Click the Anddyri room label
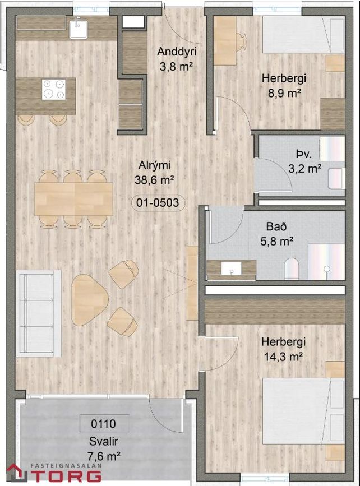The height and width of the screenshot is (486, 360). pos(177,52)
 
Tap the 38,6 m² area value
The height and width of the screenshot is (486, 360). pos(154,180)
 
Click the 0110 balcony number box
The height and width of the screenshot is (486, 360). pos(104,423)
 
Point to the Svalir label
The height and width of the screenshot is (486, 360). pos(104,441)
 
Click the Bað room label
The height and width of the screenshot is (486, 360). pos(276,226)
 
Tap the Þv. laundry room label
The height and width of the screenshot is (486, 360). pos(303,154)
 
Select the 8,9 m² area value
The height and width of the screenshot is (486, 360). pos(284,92)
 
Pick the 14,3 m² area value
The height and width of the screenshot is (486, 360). pos(283,357)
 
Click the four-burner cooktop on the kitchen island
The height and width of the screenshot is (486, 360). pos(54,89)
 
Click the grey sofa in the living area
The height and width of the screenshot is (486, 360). pos(39,313)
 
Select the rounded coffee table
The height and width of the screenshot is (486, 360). pos(89,299)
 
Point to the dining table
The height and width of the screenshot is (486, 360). pos(74,199)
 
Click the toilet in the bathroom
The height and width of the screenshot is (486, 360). pos(291,269)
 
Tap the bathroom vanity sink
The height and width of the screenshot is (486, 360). pos(232,269)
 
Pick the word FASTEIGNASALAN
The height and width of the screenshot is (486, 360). pos(66,466)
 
